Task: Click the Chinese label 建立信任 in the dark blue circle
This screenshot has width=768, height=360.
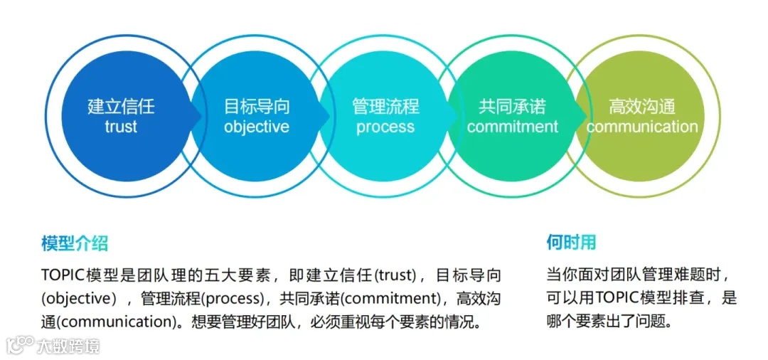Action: tap(121, 107)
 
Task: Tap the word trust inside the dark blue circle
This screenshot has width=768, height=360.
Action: tap(121, 127)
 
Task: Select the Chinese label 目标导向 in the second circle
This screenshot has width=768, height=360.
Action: tap(257, 107)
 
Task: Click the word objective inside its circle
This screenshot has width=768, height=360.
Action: tap(257, 127)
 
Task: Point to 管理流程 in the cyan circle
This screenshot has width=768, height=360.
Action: tap(385, 107)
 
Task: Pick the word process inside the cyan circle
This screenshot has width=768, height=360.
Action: tap(385, 127)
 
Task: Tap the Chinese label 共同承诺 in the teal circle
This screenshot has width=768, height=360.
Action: tap(513, 107)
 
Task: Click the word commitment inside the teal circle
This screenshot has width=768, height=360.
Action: tap(513, 127)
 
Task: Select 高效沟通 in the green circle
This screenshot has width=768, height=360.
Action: tap(642, 107)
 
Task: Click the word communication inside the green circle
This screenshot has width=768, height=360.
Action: tap(642, 127)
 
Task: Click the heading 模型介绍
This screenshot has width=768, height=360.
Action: tap(75, 243)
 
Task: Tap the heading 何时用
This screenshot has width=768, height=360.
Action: tap(571, 243)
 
